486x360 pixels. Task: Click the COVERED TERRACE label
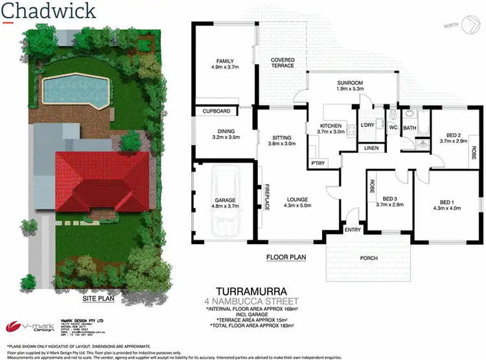coord(283,63)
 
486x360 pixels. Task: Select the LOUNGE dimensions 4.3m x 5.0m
coord(298,206)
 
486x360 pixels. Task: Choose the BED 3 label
coord(393,199)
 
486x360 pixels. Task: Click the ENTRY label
coord(353,229)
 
